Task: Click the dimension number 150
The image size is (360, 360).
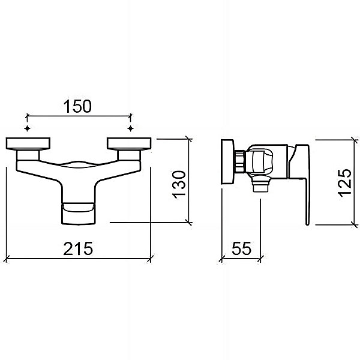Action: pyautogui.click(x=77, y=107)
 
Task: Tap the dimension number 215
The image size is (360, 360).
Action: pyautogui.click(x=78, y=248)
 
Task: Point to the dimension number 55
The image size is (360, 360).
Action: pyautogui.click(x=242, y=248)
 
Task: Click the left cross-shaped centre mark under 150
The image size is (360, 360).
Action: pyautogui.click(x=28, y=128)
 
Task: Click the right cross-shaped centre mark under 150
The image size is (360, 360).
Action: pyautogui.click(x=130, y=128)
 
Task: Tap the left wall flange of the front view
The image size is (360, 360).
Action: pyautogui.click(x=28, y=144)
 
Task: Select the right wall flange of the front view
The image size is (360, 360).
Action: pyautogui.click(x=129, y=144)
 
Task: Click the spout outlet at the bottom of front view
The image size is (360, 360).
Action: pyautogui.click(x=78, y=214)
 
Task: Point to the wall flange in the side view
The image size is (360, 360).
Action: pyautogui.click(x=227, y=161)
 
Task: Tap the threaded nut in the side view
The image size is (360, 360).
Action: pyautogui.click(x=241, y=161)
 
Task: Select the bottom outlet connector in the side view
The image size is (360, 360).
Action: pyautogui.click(x=260, y=185)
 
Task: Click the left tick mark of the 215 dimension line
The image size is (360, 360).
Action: pyautogui.click(x=7, y=259)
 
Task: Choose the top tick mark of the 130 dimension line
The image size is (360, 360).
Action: pyautogui.click(x=189, y=139)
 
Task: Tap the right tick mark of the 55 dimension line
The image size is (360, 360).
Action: pyautogui.click(x=260, y=259)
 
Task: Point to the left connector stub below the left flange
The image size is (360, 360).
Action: pyautogui.click(x=28, y=155)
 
